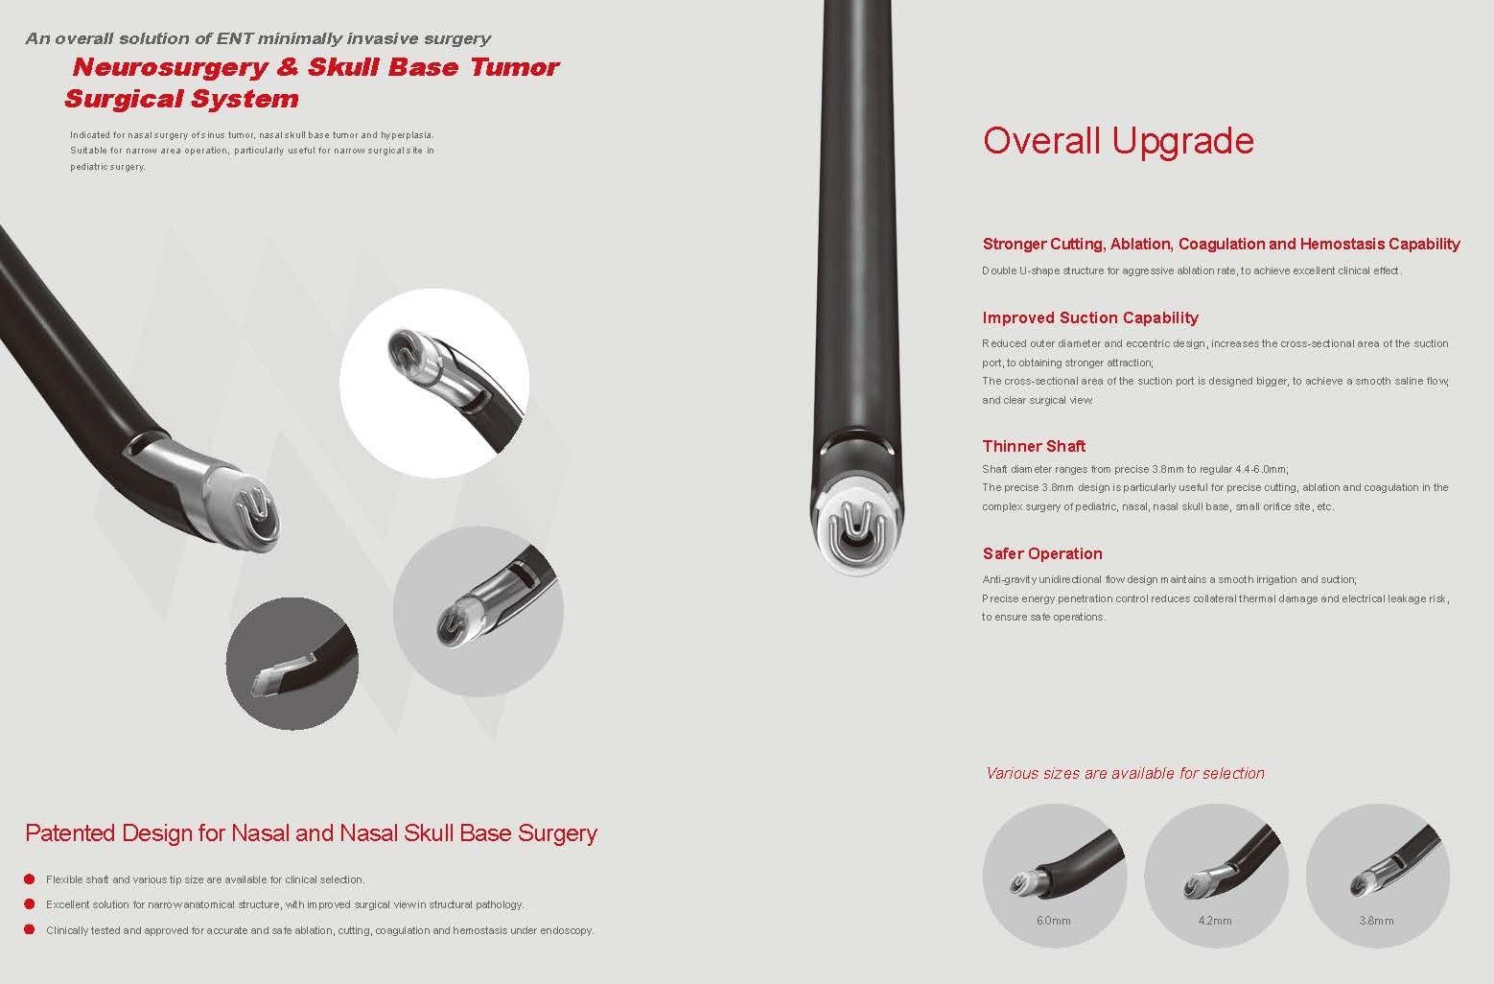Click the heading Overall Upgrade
(1118, 141)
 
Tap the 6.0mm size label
(1054, 921)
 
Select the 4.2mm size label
(1215, 921)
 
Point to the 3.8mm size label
(1377, 921)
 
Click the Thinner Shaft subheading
(1034, 446)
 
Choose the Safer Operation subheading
(1042, 553)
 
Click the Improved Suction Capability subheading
(1090, 317)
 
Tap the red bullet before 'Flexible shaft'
(30, 879)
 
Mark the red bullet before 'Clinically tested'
(30, 929)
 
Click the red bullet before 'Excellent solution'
(30, 904)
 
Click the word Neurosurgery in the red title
(171, 67)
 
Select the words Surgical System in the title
(181, 99)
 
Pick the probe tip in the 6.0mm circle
(1023, 882)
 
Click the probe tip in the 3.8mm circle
(1362, 884)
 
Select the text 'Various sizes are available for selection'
(1125, 773)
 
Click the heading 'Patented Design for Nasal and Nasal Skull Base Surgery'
(311, 833)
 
